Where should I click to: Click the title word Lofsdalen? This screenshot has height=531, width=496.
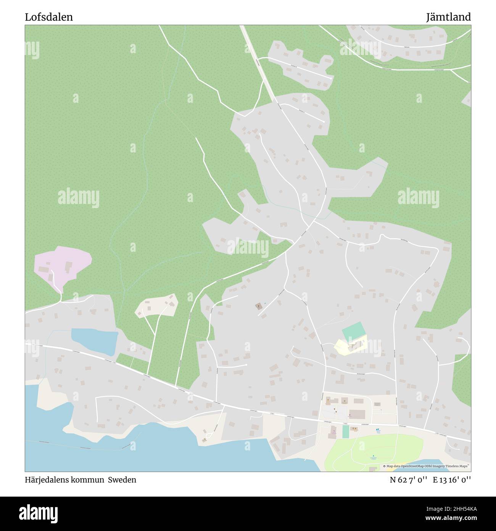[49, 17]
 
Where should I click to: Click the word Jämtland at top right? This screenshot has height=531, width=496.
[448, 17]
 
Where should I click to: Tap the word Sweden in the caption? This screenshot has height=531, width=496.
[122, 480]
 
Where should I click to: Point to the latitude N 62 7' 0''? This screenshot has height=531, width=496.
[408, 480]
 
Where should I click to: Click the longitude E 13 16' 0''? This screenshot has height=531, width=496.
[451, 480]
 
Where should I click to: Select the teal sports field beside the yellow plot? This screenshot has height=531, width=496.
[354, 331]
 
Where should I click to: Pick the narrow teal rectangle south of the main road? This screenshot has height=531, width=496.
[346, 432]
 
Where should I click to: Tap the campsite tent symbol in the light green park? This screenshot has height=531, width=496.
[373, 456]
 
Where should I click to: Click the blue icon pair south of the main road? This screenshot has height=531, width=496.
[378, 431]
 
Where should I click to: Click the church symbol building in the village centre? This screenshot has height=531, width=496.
[259, 306]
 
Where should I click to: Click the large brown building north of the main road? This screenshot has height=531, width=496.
[357, 414]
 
